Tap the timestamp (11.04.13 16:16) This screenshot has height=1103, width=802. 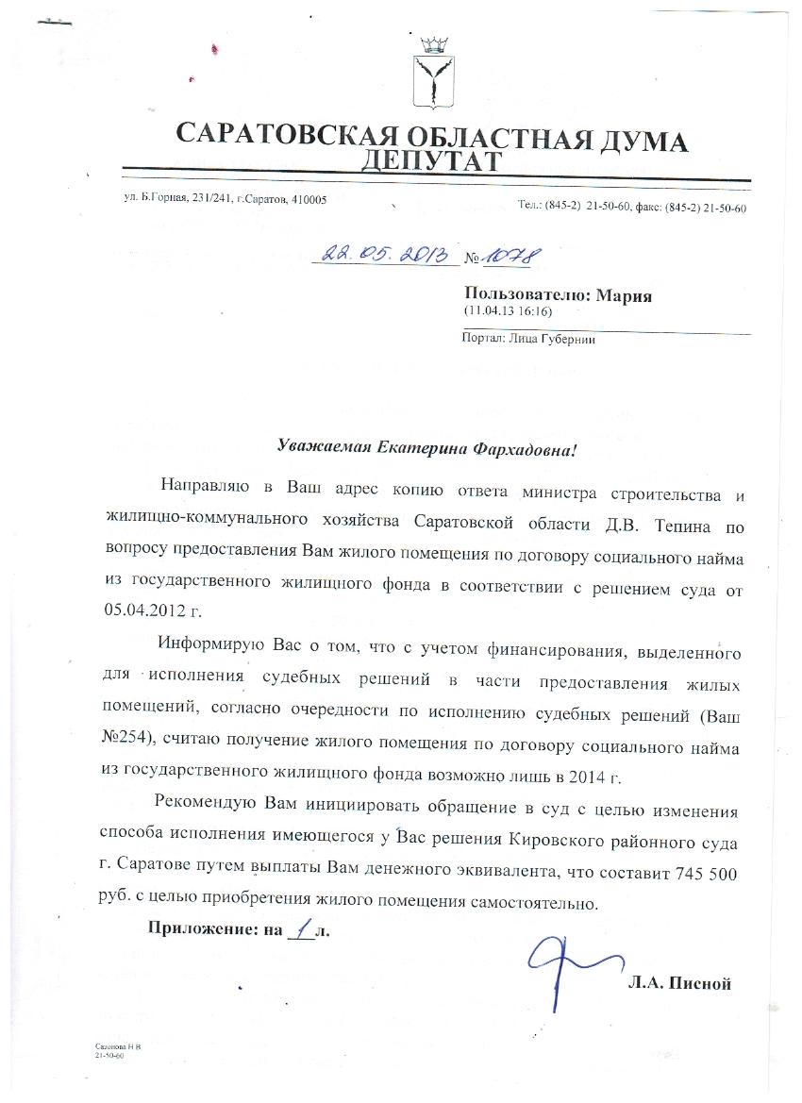tap(508, 310)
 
